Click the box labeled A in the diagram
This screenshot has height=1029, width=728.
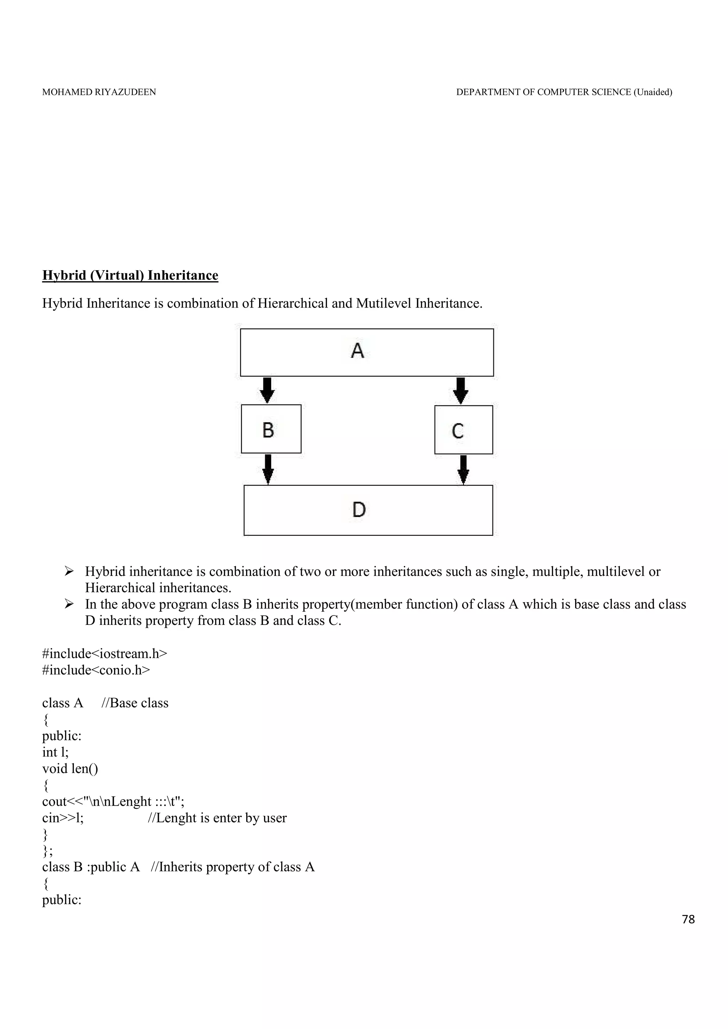366,352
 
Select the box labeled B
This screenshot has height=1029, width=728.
271,429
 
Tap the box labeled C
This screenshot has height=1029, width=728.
464,430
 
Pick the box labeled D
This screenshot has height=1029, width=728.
368,510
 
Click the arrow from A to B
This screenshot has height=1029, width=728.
267,390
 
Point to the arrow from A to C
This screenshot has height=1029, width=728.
460,390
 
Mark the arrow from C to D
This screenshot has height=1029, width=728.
464,469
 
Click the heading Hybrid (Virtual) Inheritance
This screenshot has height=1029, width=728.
130,275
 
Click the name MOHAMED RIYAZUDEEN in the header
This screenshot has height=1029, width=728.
99,92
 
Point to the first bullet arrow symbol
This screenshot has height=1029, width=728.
69,571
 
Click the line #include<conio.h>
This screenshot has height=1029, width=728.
96,670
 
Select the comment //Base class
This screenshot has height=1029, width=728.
135,703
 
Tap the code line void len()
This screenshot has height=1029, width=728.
70,769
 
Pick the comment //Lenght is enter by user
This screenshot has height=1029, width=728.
217,818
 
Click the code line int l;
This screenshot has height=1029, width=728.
55,752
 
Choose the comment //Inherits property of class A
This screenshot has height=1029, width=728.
233,867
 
